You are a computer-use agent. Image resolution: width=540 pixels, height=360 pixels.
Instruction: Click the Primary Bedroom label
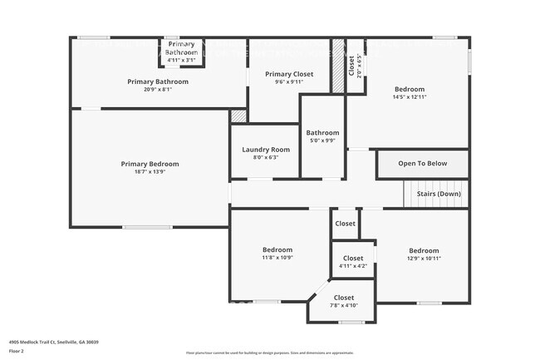tap(150, 164)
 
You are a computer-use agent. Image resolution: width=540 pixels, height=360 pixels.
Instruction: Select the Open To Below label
tap(422, 164)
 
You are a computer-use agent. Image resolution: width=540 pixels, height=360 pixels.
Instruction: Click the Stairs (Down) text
tap(436, 194)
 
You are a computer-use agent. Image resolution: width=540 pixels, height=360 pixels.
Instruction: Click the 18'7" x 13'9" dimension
tap(150, 171)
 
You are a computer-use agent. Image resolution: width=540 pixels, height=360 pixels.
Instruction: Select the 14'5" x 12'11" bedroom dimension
tap(409, 97)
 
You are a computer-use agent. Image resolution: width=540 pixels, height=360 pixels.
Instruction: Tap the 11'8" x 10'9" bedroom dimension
tap(277, 258)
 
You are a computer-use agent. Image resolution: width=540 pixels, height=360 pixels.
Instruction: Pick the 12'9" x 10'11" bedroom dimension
tap(424, 258)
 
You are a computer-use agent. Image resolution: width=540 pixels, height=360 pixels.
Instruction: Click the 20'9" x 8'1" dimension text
tap(158, 89)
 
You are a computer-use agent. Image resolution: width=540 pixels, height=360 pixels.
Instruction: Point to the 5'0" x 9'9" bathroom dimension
tap(322, 141)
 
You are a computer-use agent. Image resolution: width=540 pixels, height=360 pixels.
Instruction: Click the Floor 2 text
tap(17, 350)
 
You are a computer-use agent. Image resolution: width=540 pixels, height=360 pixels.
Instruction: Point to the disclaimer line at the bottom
tap(269, 353)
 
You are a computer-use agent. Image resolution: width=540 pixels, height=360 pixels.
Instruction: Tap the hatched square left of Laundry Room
tap(238, 116)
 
